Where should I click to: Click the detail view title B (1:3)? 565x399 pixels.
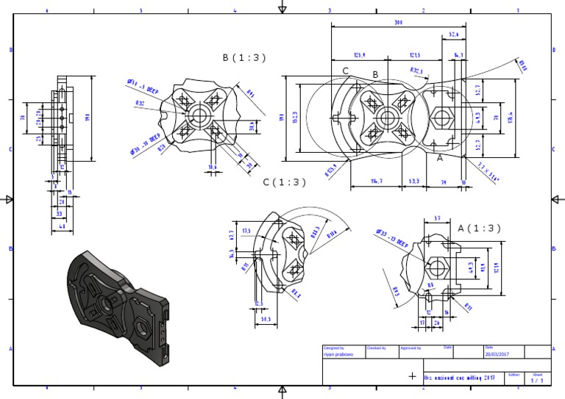244,57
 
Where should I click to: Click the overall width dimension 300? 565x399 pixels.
398,24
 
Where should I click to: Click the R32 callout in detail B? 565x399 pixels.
140,104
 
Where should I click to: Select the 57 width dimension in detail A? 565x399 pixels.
437,218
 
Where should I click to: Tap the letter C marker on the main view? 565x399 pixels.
345,71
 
